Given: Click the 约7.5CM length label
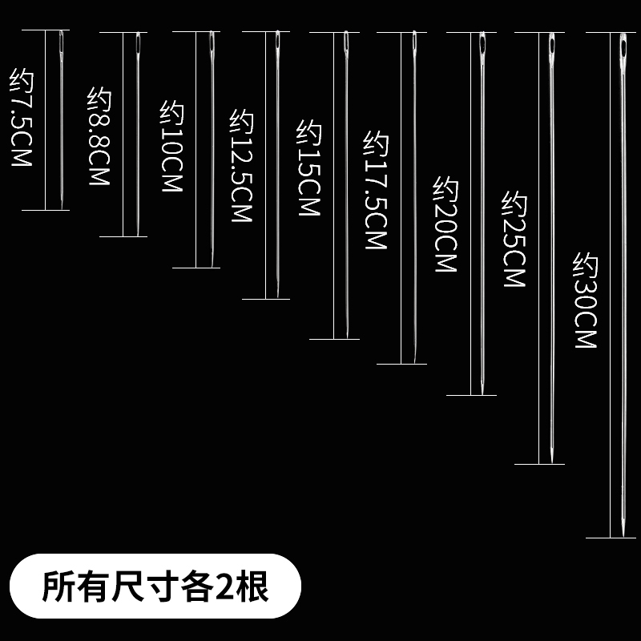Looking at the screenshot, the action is [x=20, y=117].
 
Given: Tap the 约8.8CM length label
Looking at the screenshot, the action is [x=97, y=137].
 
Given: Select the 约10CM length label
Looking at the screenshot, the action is [x=172, y=147].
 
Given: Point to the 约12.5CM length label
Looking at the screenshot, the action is [x=241, y=166].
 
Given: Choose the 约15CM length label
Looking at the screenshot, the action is [x=308, y=168].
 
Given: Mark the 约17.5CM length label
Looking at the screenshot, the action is [x=376, y=191].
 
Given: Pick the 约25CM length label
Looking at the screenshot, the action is [x=513, y=239].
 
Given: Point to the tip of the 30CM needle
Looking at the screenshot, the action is [x=623, y=535].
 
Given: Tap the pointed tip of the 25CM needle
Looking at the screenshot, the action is [x=552, y=462].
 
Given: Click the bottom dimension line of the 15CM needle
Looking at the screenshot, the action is [x=334, y=339].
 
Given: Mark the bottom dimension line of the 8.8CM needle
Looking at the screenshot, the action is [x=123, y=236].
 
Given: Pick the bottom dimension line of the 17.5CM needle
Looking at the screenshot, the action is [x=401, y=365].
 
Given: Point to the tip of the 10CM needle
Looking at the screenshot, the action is [x=212, y=265].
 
